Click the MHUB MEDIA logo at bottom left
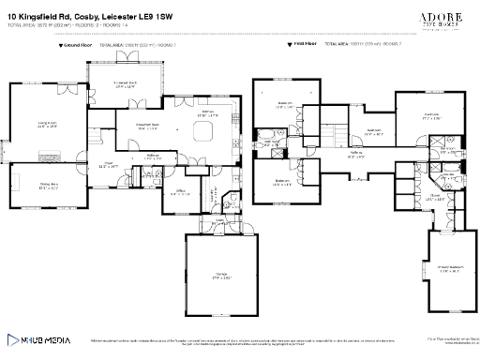(x=40, y=340)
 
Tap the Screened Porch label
(x=127, y=84)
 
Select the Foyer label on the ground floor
(x=109, y=165)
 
